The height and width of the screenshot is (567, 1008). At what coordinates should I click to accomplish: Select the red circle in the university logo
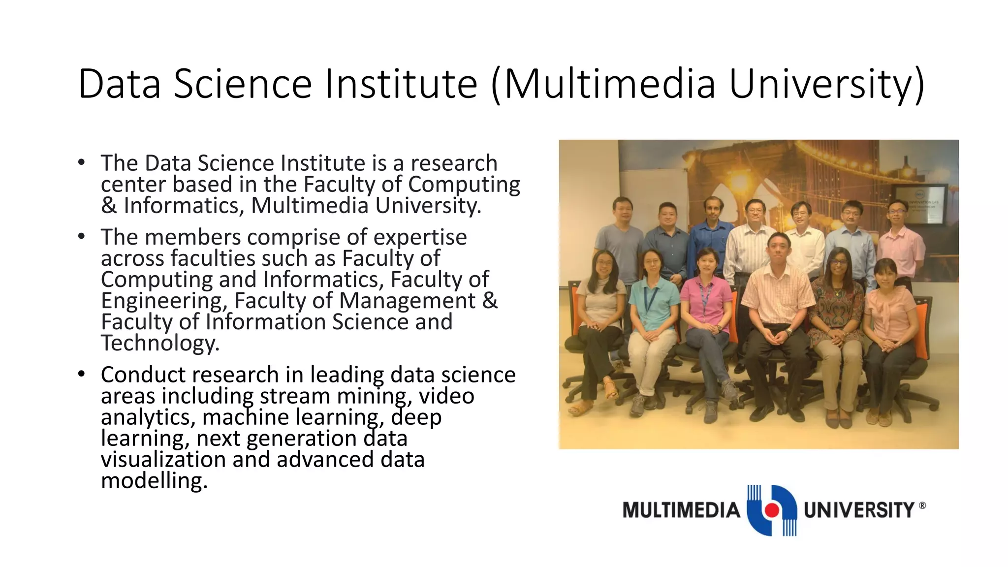pyautogui.click(x=772, y=510)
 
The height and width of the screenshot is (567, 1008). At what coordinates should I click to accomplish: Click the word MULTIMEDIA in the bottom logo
pyautogui.click(x=681, y=510)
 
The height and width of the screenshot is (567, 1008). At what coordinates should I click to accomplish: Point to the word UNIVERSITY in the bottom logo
pyautogui.click(x=859, y=510)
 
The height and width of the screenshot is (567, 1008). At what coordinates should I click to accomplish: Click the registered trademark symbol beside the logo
pyautogui.click(x=922, y=505)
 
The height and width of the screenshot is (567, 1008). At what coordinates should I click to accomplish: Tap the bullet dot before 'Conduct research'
pyautogui.click(x=81, y=374)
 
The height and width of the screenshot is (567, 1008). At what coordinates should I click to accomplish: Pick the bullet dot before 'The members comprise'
pyautogui.click(x=81, y=236)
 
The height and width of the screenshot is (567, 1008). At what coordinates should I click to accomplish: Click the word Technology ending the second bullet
pyautogui.click(x=160, y=343)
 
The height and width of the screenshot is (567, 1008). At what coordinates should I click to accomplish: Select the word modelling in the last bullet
pyautogui.click(x=154, y=480)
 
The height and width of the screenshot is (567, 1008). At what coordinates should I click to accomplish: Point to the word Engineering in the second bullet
pyautogui.click(x=164, y=301)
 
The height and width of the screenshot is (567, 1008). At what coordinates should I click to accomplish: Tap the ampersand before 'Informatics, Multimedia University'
pyautogui.click(x=109, y=206)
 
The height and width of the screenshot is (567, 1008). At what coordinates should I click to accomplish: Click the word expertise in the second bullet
pyautogui.click(x=420, y=237)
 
